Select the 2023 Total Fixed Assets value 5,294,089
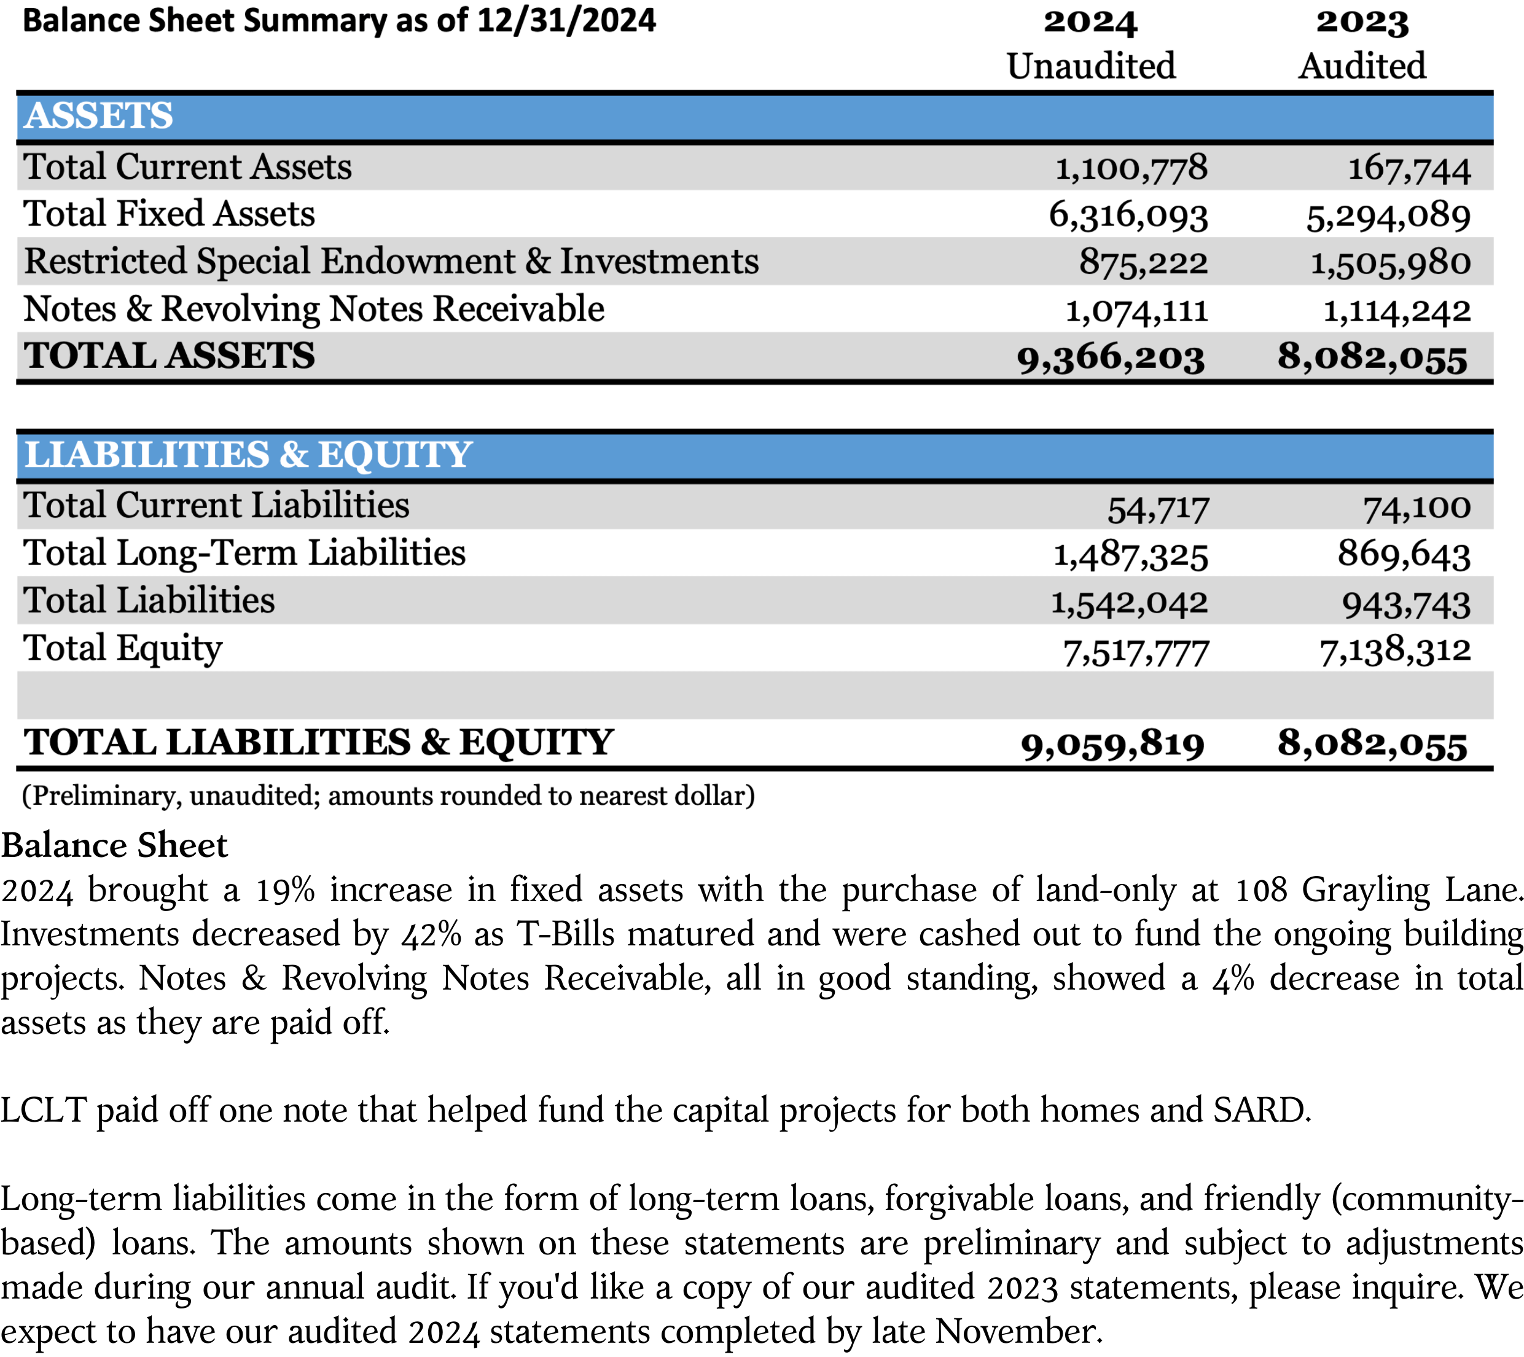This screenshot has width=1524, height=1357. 1388,216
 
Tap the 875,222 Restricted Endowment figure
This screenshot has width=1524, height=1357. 1143,263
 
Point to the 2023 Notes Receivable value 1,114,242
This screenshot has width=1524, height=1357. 1396,311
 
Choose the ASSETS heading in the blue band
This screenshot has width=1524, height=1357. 98,116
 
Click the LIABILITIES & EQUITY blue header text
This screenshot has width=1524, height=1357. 248,455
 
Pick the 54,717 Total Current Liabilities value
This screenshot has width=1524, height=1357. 1157,509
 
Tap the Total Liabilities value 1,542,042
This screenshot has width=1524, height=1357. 1129,603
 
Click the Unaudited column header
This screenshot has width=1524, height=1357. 1091,66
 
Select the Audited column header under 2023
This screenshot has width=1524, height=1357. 1361,66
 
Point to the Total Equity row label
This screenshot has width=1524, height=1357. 123,649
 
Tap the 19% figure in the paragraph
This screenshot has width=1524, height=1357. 285,890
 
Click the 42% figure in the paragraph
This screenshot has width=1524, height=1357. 431,935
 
